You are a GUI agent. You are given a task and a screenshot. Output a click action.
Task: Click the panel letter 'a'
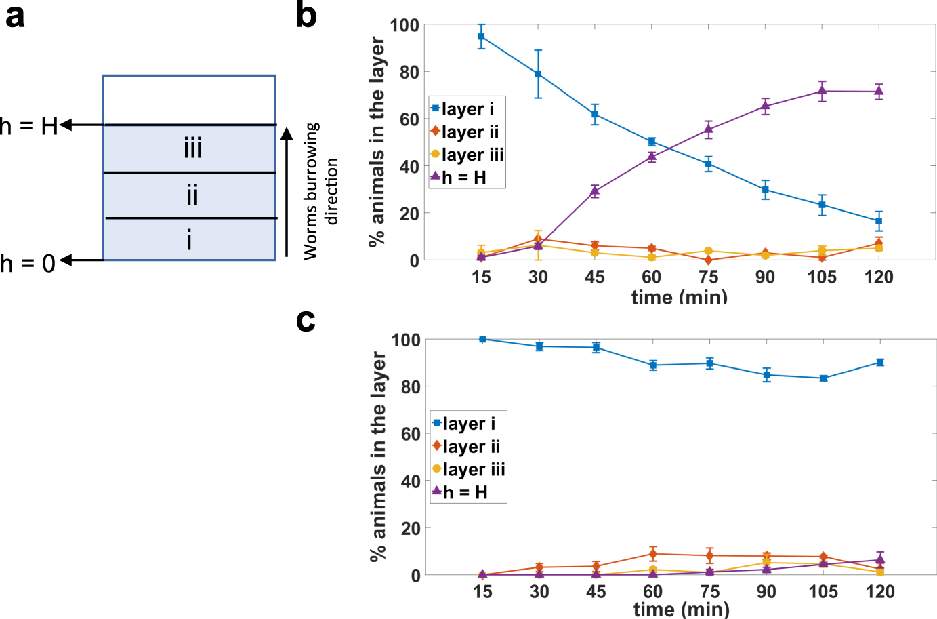tap(15, 16)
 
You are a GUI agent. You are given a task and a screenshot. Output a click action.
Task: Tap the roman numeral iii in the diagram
tap(192, 148)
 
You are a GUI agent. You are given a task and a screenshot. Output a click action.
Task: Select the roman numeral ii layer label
tap(192, 195)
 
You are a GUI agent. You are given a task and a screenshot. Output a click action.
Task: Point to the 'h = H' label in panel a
tap(29, 126)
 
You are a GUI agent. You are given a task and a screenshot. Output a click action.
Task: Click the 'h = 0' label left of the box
tap(28, 263)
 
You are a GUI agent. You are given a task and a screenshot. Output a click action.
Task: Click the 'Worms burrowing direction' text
tap(320, 191)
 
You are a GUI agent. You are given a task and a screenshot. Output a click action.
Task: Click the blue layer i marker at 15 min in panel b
tap(481, 37)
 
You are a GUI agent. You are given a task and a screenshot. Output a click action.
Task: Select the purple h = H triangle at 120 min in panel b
tap(879, 92)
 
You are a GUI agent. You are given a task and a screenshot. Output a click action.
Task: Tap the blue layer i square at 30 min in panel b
tap(538, 74)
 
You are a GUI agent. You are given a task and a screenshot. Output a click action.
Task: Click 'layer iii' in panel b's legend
tap(472, 155)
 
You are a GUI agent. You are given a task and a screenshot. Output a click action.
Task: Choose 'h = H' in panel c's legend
tap(465, 492)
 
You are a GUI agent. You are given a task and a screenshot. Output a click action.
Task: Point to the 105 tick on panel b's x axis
tap(822, 277)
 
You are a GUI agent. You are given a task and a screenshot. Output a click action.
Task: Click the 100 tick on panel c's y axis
tap(405, 340)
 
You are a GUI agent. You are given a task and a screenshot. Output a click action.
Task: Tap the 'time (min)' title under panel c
tap(681, 609)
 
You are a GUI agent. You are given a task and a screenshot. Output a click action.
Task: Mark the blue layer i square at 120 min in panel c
tap(880, 363)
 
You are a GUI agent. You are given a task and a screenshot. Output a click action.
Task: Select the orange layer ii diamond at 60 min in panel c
tap(652, 554)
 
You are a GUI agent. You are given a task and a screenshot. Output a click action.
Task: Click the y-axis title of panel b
tap(377, 142)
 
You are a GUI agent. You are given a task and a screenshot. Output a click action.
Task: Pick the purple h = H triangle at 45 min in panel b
tap(595, 191)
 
